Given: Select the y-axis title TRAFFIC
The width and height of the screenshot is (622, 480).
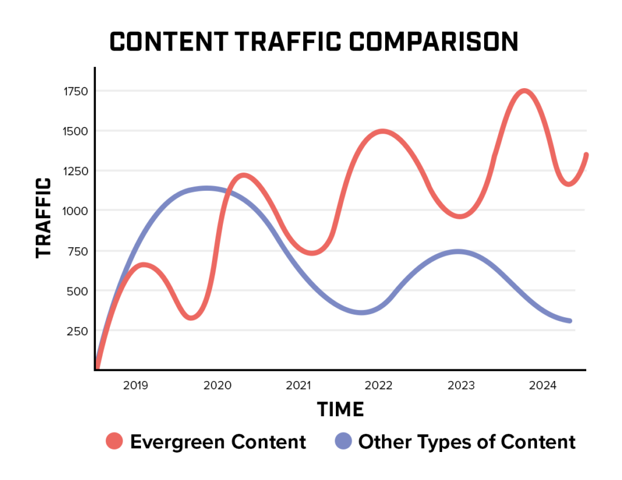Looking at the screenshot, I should coord(44,217).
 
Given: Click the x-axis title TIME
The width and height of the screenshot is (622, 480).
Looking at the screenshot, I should coord(340,410).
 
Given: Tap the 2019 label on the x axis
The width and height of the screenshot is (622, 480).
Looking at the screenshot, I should coord(136,385).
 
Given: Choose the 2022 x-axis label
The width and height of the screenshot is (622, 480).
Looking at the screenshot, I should coord(379,385).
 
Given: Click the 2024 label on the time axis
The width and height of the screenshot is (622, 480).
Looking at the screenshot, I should coord(541,385).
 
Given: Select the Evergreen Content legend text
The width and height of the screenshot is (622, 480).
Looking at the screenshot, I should coord(218,442).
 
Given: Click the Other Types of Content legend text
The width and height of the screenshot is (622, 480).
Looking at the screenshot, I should coord(466,442).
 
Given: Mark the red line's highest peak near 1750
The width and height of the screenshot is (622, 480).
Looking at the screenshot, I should coord(524,91).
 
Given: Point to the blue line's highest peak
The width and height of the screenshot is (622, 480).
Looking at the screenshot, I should coord(207,188).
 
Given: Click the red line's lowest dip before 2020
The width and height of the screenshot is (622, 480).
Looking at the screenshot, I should coord(191,317).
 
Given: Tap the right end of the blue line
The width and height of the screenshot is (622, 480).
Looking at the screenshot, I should coord(569,321).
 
